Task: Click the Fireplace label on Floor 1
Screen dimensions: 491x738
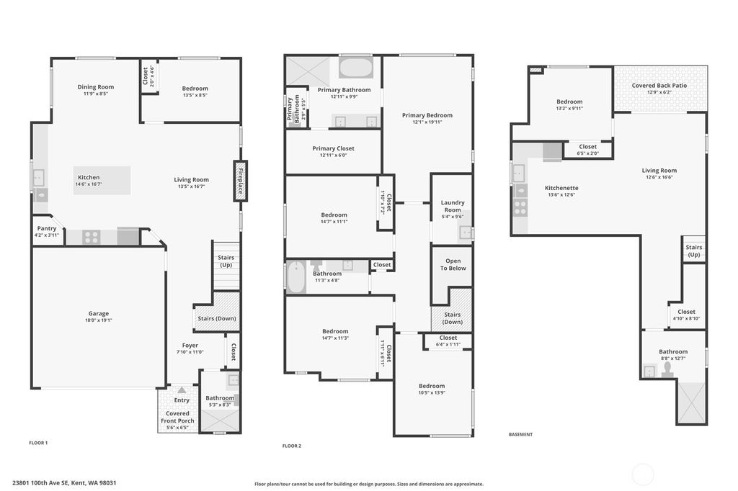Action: pos(240,181)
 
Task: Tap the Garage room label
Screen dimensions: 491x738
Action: pos(99,313)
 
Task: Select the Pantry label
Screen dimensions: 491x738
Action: pos(46,228)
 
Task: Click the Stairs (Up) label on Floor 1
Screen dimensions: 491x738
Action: pos(226,261)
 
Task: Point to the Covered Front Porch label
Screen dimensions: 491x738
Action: pos(177,417)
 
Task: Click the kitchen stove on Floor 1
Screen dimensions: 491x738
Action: pos(91,237)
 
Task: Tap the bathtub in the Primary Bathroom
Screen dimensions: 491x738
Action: pos(355,69)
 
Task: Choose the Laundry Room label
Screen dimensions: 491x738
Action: pos(453,206)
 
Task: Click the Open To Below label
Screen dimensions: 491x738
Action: pos(453,264)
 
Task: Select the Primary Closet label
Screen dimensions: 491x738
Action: pos(334,148)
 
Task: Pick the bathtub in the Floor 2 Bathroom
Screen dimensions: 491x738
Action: pos(296,277)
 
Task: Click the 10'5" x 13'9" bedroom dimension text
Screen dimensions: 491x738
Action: pos(432,393)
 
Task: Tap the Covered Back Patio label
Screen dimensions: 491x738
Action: pos(659,85)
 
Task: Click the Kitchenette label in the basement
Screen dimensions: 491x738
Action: pos(561,188)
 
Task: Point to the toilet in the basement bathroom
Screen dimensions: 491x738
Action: pos(668,369)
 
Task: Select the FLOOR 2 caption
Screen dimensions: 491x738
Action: pos(291,446)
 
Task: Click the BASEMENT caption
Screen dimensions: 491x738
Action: pos(520,434)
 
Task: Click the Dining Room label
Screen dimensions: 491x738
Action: pos(96,87)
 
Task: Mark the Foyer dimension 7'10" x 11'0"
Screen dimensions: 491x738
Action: pos(190,352)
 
